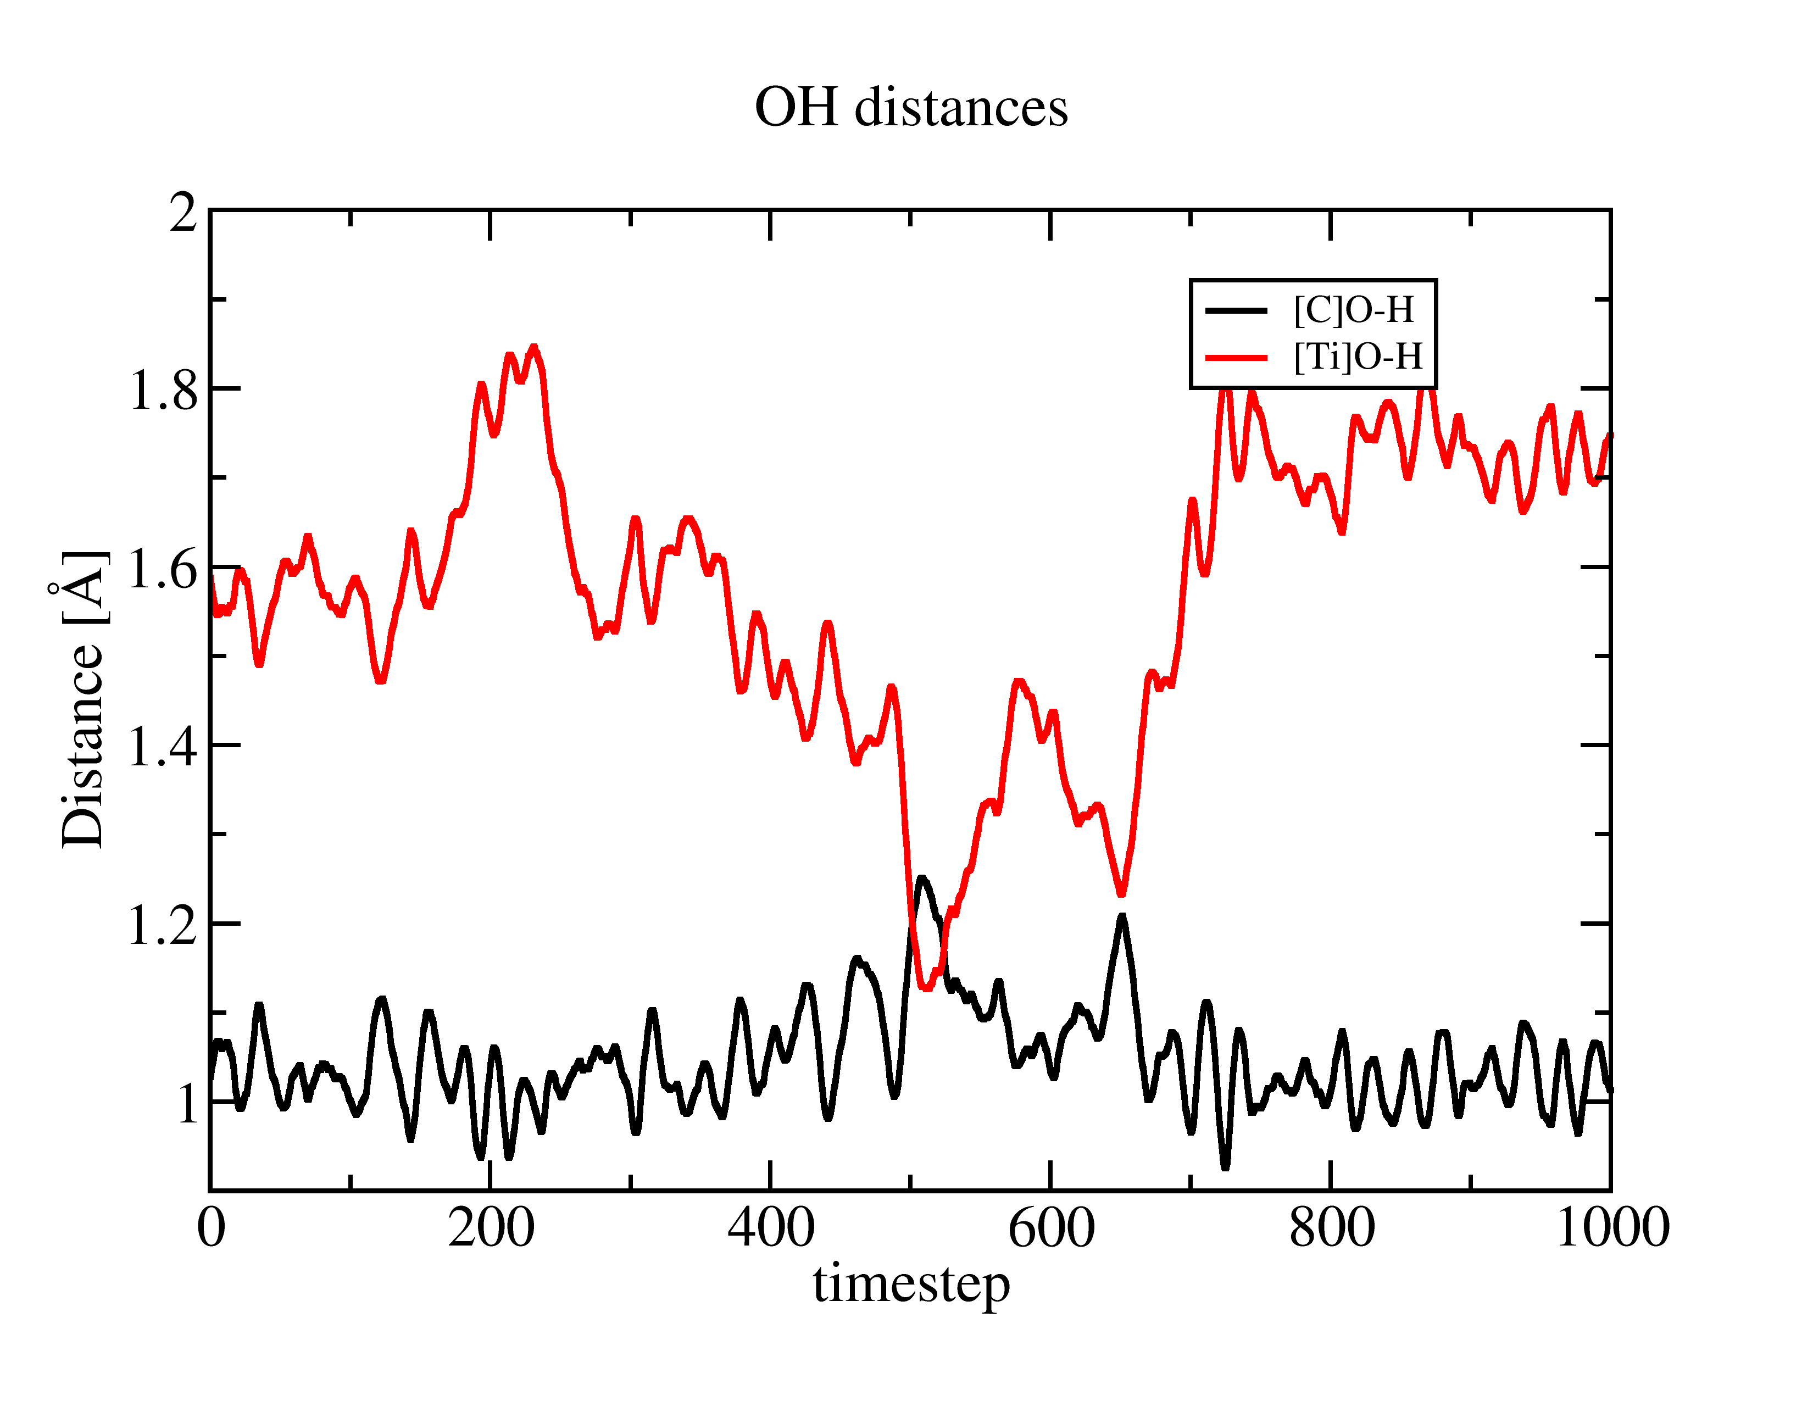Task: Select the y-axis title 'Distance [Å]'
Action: [x=82, y=699]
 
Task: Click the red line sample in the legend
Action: [x=1236, y=358]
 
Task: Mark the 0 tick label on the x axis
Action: [x=211, y=1227]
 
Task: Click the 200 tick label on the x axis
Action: [x=491, y=1227]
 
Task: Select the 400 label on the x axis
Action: [x=770, y=1227]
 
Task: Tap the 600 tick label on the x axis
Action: [x=1051, y=1227]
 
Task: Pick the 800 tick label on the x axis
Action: [x=1331, y=1227]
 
